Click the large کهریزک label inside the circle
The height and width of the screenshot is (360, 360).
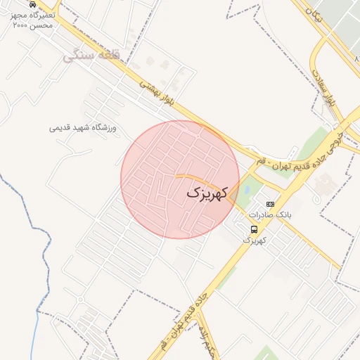[208, 192]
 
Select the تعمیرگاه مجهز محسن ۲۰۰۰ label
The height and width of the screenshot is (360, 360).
[34, 19]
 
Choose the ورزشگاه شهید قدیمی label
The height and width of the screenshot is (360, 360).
[86, 127]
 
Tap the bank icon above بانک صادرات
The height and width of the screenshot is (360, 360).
[271, 204]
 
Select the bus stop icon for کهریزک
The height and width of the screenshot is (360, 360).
[254, 229]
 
